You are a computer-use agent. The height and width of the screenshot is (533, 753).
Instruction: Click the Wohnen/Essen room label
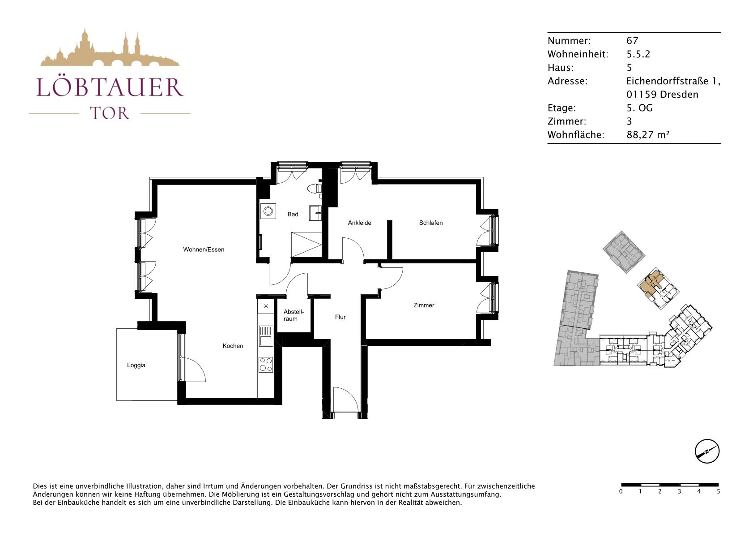tap(204, 249)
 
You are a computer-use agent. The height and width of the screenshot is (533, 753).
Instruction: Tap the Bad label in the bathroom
tap(293, 214)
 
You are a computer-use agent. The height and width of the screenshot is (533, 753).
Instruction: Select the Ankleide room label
tap(359, 223)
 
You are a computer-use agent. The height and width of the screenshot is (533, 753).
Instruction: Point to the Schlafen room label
tap(430, 223)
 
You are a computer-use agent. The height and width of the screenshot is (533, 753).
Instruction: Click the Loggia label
tap(136, 365)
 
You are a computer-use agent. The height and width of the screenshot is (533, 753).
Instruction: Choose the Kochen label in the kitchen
tap(233, 346)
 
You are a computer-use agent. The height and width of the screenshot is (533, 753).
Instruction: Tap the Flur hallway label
tap(340, 317)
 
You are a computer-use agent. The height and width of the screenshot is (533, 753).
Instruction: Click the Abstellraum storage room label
tap(294, 315)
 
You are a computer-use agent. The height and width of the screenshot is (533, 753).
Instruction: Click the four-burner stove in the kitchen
tap(266, 365)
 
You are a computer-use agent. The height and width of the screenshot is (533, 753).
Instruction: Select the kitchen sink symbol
tap(266, 336)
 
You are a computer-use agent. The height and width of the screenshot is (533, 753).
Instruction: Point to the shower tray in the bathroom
tap(306, 244)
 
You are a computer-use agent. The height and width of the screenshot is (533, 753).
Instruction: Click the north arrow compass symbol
tap(707, 451)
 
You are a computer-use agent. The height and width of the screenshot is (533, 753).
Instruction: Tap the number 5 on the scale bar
tap(719, 491)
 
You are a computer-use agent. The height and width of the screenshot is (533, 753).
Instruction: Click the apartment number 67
tap(632, 41)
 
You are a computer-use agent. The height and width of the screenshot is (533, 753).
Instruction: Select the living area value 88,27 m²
tap(648, 135)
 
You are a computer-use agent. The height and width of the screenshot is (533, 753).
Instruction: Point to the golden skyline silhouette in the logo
tap(110, 48)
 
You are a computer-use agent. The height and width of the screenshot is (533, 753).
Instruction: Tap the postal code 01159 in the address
tap(642, 95)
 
